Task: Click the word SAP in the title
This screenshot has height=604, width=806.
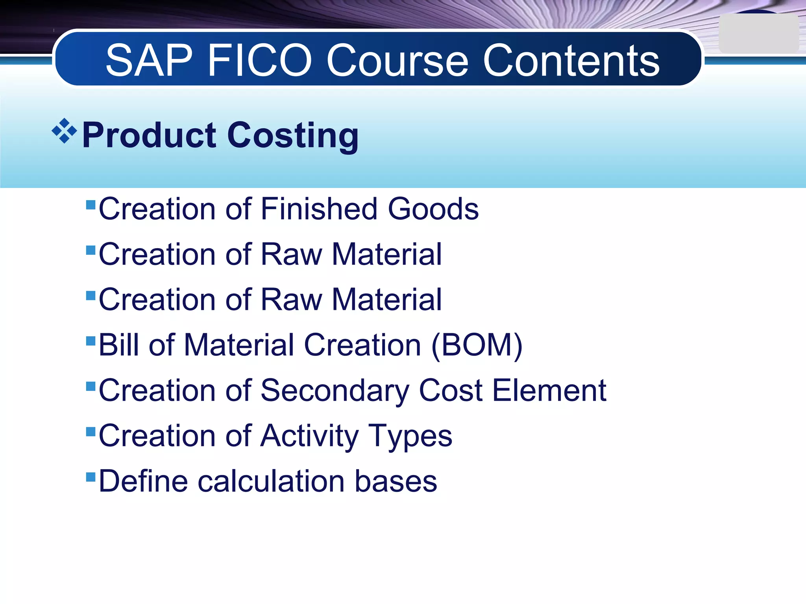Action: (149, 61)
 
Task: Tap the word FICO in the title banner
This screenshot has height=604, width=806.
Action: (260, 61)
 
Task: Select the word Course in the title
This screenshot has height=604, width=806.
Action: (397, 61)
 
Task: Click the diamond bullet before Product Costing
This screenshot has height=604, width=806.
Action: (64, 131)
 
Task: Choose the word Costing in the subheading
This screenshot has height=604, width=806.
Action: (293, 136)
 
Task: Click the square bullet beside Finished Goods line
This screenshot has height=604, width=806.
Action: (91, 205)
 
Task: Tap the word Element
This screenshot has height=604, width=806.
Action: (549, 390)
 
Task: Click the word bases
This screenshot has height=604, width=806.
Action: (396, 481)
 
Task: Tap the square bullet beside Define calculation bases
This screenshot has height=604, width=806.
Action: (91, 477)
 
